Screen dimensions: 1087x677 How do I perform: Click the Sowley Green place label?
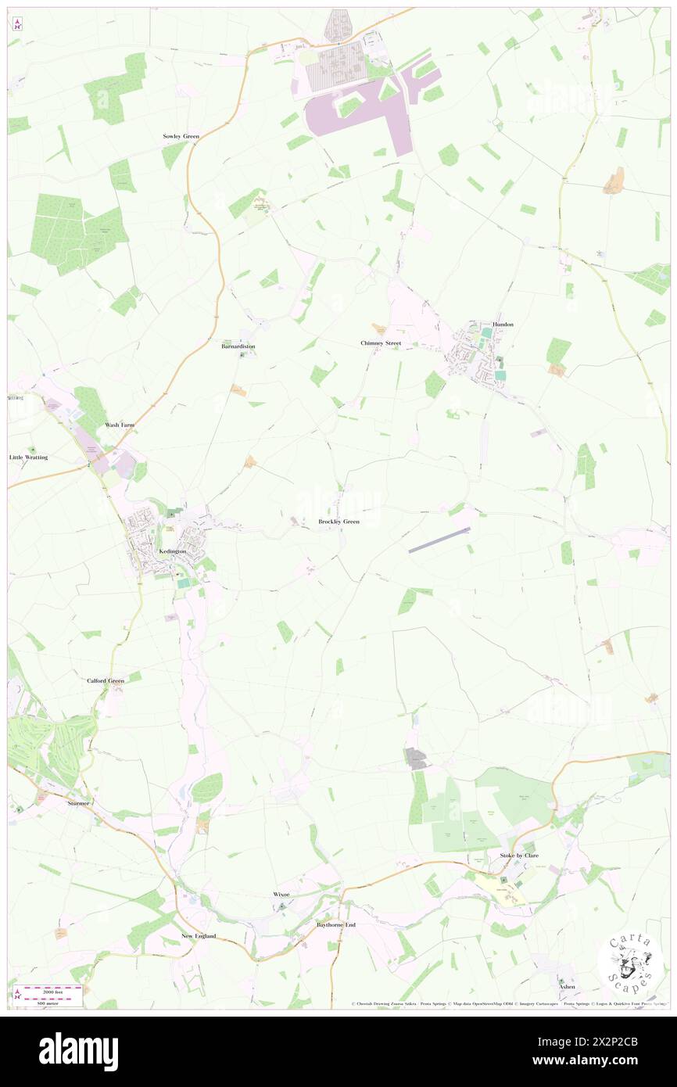181,136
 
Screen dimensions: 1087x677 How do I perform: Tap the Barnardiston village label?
238,346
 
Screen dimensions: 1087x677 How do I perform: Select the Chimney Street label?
381,343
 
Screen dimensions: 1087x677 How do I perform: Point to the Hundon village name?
503,324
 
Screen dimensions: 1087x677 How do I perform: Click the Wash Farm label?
120,425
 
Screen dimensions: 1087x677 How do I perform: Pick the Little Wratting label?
28,457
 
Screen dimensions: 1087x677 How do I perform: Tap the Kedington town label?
172,551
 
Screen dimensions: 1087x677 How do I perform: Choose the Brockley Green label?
339,521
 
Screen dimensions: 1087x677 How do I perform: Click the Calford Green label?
106,681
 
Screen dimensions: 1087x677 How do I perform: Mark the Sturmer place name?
79,802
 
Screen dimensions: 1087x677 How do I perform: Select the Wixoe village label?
281,893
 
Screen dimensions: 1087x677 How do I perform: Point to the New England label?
199,936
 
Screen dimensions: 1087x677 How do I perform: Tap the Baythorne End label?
335,924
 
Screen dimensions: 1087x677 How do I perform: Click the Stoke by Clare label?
519,856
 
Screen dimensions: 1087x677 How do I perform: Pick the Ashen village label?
567,987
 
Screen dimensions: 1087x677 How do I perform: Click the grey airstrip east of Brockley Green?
439,540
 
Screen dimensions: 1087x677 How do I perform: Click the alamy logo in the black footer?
78,1052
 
